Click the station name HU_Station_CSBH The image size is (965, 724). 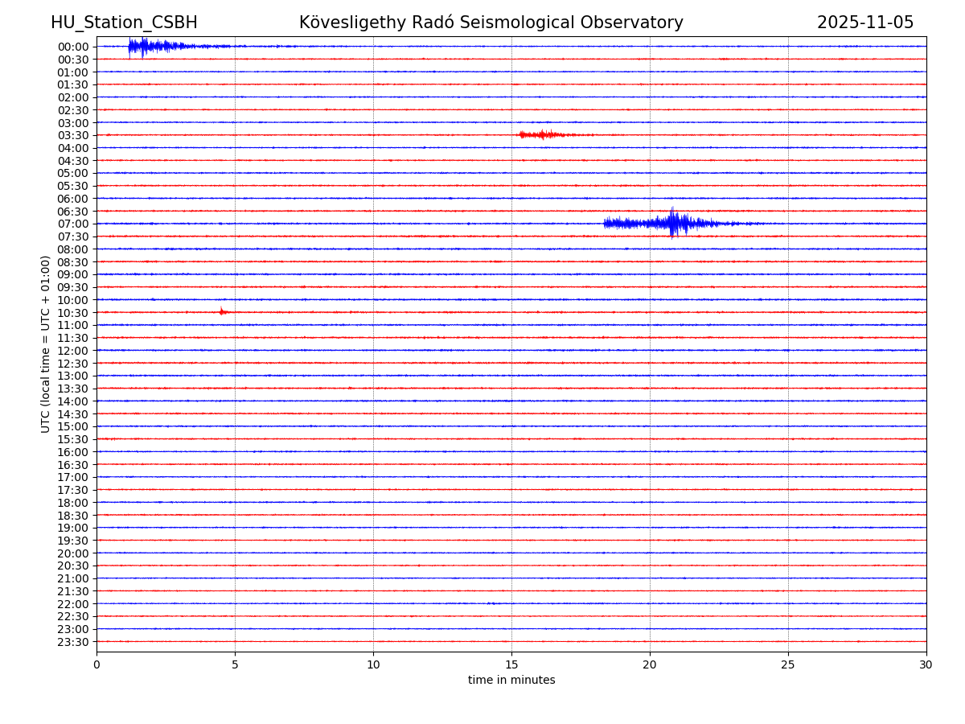coord(124,23)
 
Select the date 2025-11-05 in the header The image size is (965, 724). coord(865,23)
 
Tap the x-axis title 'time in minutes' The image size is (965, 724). coord(511,680)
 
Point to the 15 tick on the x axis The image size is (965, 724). coord(511,664)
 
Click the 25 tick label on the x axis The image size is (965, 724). coord(788,664)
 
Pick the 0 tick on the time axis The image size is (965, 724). coord(96,664)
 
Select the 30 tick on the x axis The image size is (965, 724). coord(926,664)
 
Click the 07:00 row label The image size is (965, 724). coord(73,224)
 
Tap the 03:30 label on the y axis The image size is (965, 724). coord(73,135)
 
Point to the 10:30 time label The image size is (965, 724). coord(73,312)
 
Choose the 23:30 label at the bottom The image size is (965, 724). coord(73,642)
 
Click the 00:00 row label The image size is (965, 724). coord(73,47)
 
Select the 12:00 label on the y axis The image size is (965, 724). coord(73,351)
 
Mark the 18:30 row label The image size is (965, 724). coord(73,515)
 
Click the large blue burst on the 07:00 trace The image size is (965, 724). coord(674,223)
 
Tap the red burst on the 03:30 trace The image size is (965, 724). coord(543,134)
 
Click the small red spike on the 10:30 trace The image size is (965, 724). coord(221,311)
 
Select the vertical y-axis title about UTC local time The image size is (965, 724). coord(46,343)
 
